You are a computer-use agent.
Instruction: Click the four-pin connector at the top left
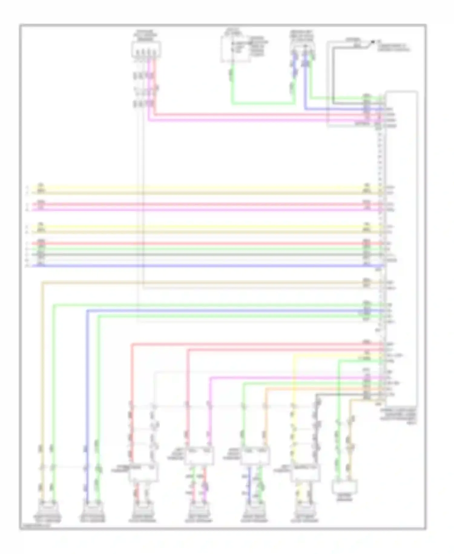[x=146, y=50]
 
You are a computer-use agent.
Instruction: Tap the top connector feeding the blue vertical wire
[x=303, y=47]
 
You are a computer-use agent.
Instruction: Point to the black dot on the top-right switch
[x=373, y=42]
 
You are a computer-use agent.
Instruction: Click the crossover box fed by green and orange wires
[x=255, y=456]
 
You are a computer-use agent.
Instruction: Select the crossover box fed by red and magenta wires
[x=199, y=456]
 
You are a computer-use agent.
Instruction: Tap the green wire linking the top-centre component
[x=263, y=104]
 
